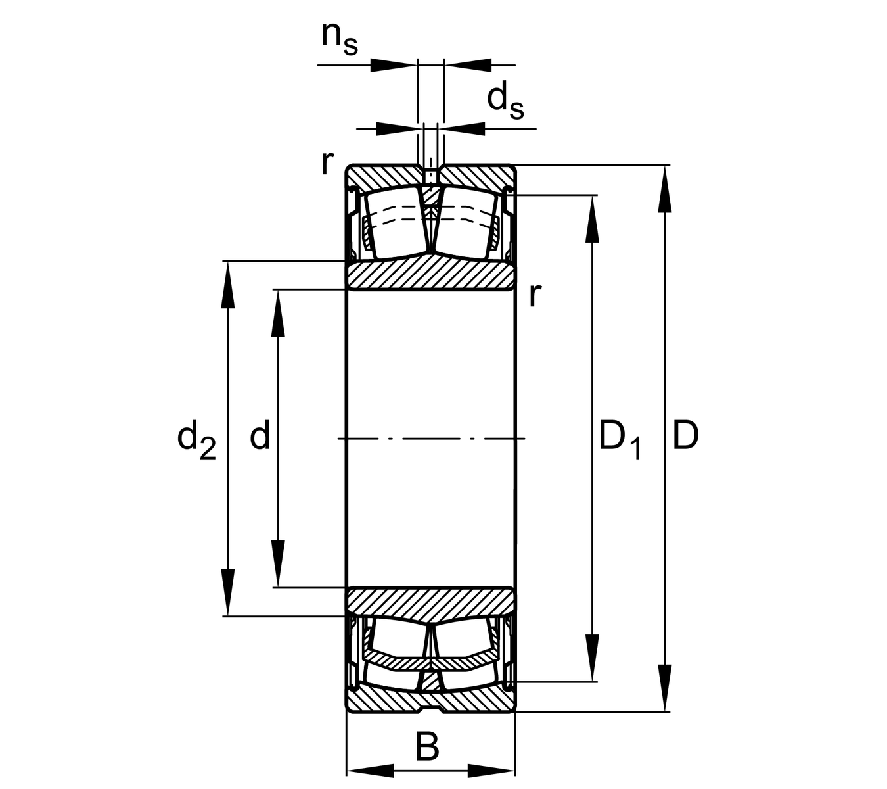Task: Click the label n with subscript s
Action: coord(339,37)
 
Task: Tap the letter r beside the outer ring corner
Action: coord(327,162)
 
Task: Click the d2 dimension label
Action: coord(196,439)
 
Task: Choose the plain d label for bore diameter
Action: coord(260,436)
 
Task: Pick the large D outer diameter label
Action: coord(685,436)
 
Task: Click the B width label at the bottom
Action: coord(428,747)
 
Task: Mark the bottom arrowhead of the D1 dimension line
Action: coord(593,658)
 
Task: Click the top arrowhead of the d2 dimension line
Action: coord(227,285)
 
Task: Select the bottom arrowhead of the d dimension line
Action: coord(278,563)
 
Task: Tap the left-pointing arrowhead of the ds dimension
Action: coord(465,128)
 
